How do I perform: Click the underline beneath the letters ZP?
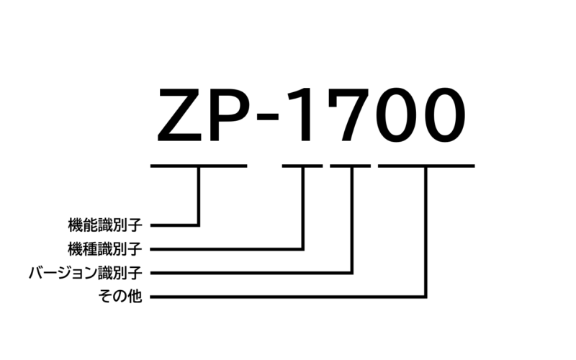coord(198,166)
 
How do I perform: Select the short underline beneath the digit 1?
coord(302,166)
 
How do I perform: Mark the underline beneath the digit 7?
coord(351,166)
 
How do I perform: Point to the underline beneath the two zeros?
coord(426,166)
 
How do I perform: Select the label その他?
coord(119,297)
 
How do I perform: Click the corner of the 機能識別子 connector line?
coord(198,225)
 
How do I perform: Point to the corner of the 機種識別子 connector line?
coord(303,249)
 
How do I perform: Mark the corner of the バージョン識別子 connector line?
coord(352,273)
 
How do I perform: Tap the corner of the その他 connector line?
coord(426,296)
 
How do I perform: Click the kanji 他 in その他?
coord(135,297)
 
